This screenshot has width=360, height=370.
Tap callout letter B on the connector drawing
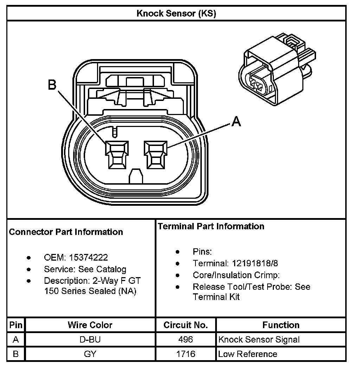tap(52, 85)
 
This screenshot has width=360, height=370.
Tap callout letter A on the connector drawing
tap(237, 122)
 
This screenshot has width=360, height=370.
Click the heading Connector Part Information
tap(66, 232)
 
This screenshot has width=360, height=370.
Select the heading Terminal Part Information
tap(211, 226)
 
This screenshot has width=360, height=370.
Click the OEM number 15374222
tap(88, 258)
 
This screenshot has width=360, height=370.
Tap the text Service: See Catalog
tap(85, 269)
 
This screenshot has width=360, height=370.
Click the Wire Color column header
tap(90, 325)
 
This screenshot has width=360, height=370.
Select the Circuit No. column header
tap(186, 325)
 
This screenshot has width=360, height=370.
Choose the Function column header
tap(281, 325)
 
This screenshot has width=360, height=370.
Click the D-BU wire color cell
tap(90, 340)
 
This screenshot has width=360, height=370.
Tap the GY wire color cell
tap(90, 354)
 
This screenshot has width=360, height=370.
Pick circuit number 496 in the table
tap(186, 340)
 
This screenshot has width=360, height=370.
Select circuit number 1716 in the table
tap(186, 354)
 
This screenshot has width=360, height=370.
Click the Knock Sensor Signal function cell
tap(259, 340)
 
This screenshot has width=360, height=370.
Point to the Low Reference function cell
tap(247, 354)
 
